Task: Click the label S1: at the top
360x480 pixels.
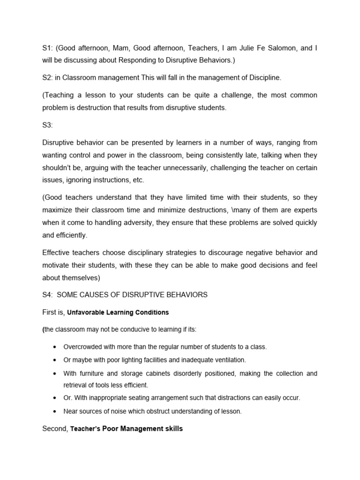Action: [48, 48]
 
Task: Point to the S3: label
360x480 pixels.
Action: [48, 125]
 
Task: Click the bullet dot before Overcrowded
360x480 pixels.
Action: [54, 347]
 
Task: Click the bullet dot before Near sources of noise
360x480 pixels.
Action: [54, 412]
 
